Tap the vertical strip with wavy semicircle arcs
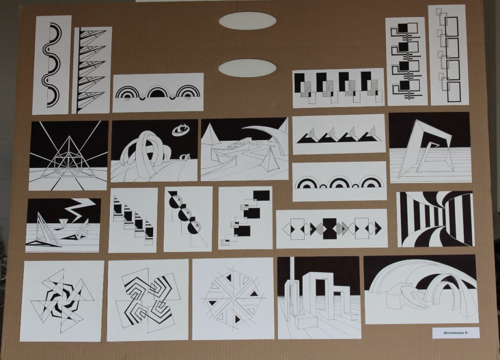pyautogui.click(x=52, y=65)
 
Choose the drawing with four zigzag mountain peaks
pyautogui.click(x=339, y=134)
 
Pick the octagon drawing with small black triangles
pyautogui.click(x=233, y=299)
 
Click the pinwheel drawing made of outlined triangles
pyautogui.click(x=62, y=301)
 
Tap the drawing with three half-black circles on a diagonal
pyautogui.click(x=188, y=219)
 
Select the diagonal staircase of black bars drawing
pyautogui.click(x=133, y=220)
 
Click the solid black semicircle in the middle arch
pyautogui.click(x=158, y=93)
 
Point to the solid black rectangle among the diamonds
pyautogui.click(x=330, y=228)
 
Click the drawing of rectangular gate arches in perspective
pyautogui.click(x=319, y=298)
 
